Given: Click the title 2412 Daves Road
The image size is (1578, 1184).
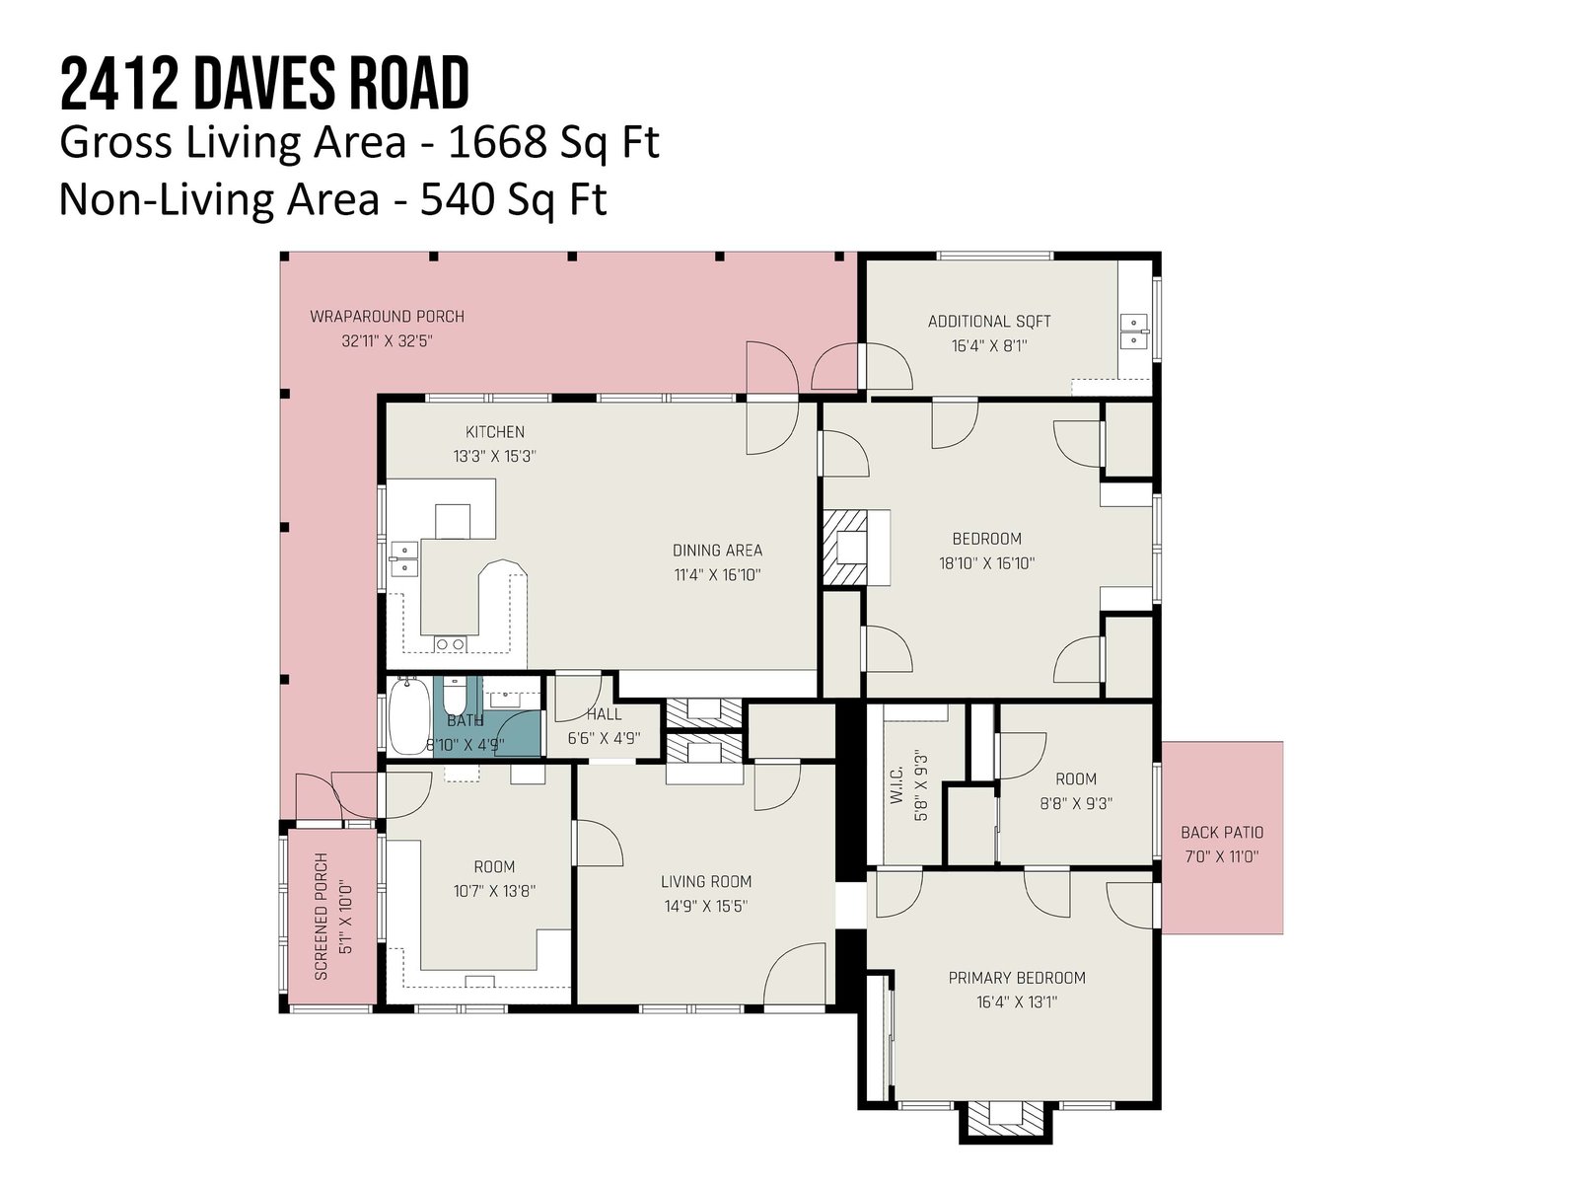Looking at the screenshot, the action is [x=264, y=84].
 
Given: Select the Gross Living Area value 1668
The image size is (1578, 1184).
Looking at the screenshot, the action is [x=496, y=142].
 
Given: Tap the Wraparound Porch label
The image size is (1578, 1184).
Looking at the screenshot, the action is [x=387, y=317].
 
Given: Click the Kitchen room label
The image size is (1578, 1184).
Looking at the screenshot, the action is [x=495, y=432].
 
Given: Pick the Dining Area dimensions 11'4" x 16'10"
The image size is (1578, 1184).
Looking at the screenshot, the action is [x=717, y=575].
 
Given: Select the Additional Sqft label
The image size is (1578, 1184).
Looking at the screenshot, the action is [x=989, y=322].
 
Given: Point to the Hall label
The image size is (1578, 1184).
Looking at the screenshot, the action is [x=604, y=714].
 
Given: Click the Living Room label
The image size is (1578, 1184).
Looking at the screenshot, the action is [x=706, y=881].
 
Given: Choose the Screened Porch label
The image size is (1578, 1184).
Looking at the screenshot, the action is [x=322, y=917].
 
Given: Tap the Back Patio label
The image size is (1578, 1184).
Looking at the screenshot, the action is [x=1222, y=833].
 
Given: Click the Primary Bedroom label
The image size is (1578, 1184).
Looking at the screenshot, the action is [x=1017, y=978].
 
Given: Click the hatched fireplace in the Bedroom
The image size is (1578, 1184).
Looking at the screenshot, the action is [x=845, y=548].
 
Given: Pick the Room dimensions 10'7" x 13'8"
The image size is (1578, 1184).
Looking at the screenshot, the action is [x=494, y=891].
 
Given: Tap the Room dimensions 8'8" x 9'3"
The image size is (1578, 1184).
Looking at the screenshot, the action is [x=1075, y=804].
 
